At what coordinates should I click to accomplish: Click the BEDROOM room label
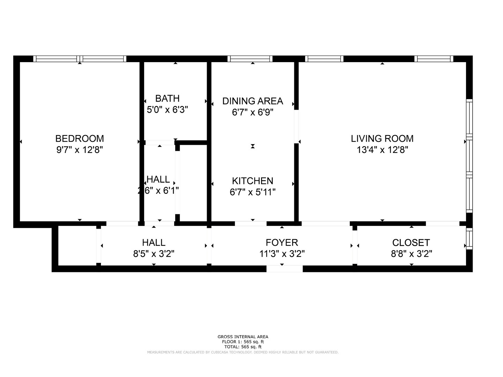(80, 139)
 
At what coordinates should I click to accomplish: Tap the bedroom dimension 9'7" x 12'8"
(80, 150)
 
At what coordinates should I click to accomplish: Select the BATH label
(168, 98)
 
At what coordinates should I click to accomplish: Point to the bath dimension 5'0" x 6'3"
(168, 110)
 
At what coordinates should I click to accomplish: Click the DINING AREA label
(252, 101)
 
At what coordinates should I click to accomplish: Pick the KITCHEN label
(252, 181)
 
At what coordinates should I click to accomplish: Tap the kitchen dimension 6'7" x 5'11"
(252, 192)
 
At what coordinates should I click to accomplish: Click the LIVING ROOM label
(382, 139)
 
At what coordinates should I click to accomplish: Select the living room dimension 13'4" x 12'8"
(382, 150)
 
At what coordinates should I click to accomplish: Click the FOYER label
(282, 243)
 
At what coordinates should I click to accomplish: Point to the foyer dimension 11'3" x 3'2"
(282, 254)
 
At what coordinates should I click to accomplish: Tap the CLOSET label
(411, 243)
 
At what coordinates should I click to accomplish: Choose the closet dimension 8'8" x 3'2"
(411, 254)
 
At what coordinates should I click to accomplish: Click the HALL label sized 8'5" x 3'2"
(154, 243)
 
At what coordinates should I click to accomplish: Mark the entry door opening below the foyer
(284, 269)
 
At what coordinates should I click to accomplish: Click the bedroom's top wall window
(80, 59)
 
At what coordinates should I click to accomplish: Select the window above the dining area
(250, 59)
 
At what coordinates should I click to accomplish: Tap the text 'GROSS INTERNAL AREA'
(243, 337)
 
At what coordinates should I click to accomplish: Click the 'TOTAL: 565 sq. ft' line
(243, 347)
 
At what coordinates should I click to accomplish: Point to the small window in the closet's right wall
(469, 238)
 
